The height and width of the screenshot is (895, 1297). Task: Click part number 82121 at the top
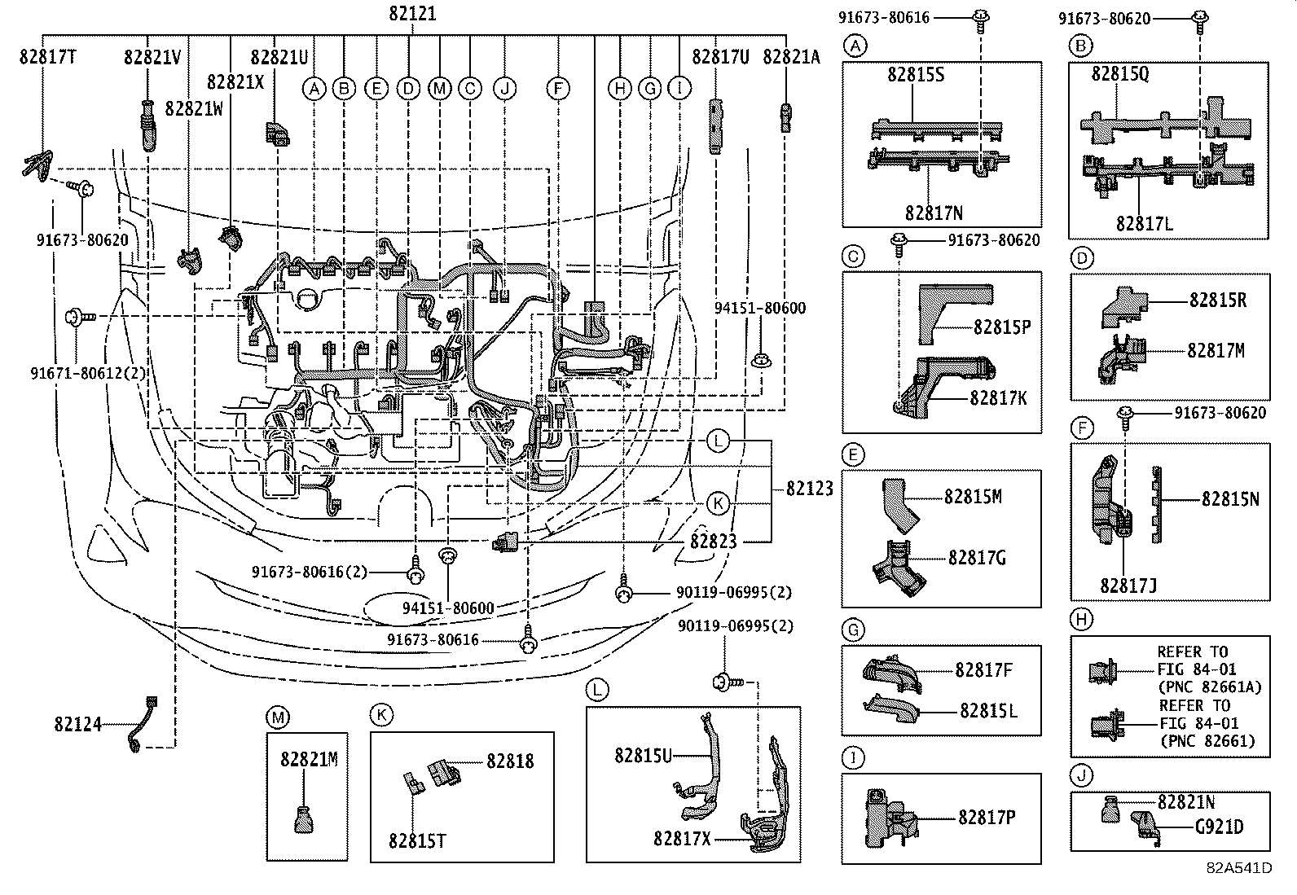(412, 13)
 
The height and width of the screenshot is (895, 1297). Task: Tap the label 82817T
(48, 57)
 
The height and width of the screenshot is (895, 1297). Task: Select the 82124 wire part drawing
(143, 724)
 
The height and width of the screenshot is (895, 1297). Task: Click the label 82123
(809, 489)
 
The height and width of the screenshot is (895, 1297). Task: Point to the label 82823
(714, 542)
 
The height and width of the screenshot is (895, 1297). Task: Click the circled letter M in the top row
(439, 89)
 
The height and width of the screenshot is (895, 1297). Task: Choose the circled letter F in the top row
(558, 89)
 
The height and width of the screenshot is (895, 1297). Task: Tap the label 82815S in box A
(916, 74)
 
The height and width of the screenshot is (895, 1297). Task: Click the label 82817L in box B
(1145, 223)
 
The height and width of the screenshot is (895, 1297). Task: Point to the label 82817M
(1216, 350)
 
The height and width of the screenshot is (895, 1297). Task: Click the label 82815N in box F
(1230, 499)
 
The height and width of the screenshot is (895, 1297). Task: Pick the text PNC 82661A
(1211, 687)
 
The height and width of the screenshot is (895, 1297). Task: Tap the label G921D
(1220, 827)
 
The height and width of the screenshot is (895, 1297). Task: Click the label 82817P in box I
(987, 818)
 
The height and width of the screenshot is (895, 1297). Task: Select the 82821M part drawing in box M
(304, 820)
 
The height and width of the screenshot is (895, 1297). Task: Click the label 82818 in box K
(510, 761)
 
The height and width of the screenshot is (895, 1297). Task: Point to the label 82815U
(644, 756)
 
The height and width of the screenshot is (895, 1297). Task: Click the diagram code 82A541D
(1240, 884)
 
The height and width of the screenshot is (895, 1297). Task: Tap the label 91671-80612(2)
(89, 373)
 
